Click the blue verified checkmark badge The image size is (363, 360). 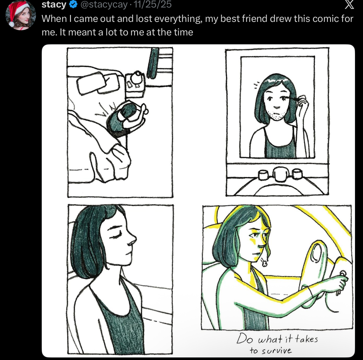point(73,5)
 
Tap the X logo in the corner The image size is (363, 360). point(349,5)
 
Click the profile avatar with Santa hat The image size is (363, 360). point(20,15)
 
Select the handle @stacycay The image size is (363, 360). point(104,5)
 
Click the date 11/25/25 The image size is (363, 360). point(153,4)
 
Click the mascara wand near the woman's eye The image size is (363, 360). point(294,97)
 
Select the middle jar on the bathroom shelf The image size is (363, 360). point(280,174)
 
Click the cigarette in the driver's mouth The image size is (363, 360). point(264,262)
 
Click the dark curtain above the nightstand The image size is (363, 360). point(153,63)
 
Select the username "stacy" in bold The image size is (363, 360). point(54,5)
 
